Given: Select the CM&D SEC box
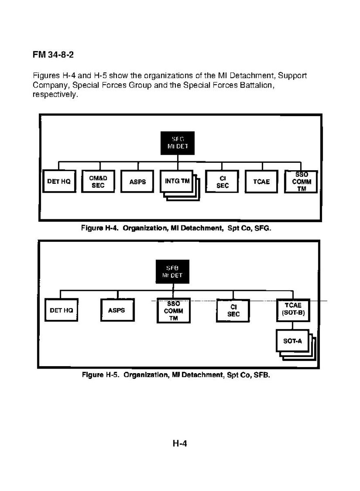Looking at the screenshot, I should tap(97, 182).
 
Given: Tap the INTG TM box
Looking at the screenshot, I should tap(177, 181).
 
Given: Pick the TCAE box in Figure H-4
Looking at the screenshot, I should tap(261, 182).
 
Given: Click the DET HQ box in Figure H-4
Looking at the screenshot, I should tap(59, 182).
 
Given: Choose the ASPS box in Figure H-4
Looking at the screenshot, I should tap(137, 182).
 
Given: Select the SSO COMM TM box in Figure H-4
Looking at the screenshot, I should tap(301, 182).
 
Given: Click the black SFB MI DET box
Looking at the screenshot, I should tap(174, 272).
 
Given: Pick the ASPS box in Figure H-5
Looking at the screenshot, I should tap(116, 310).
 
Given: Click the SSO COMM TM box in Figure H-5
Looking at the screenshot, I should tap(173, 311).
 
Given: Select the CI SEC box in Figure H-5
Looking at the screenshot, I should tap(233, 311).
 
